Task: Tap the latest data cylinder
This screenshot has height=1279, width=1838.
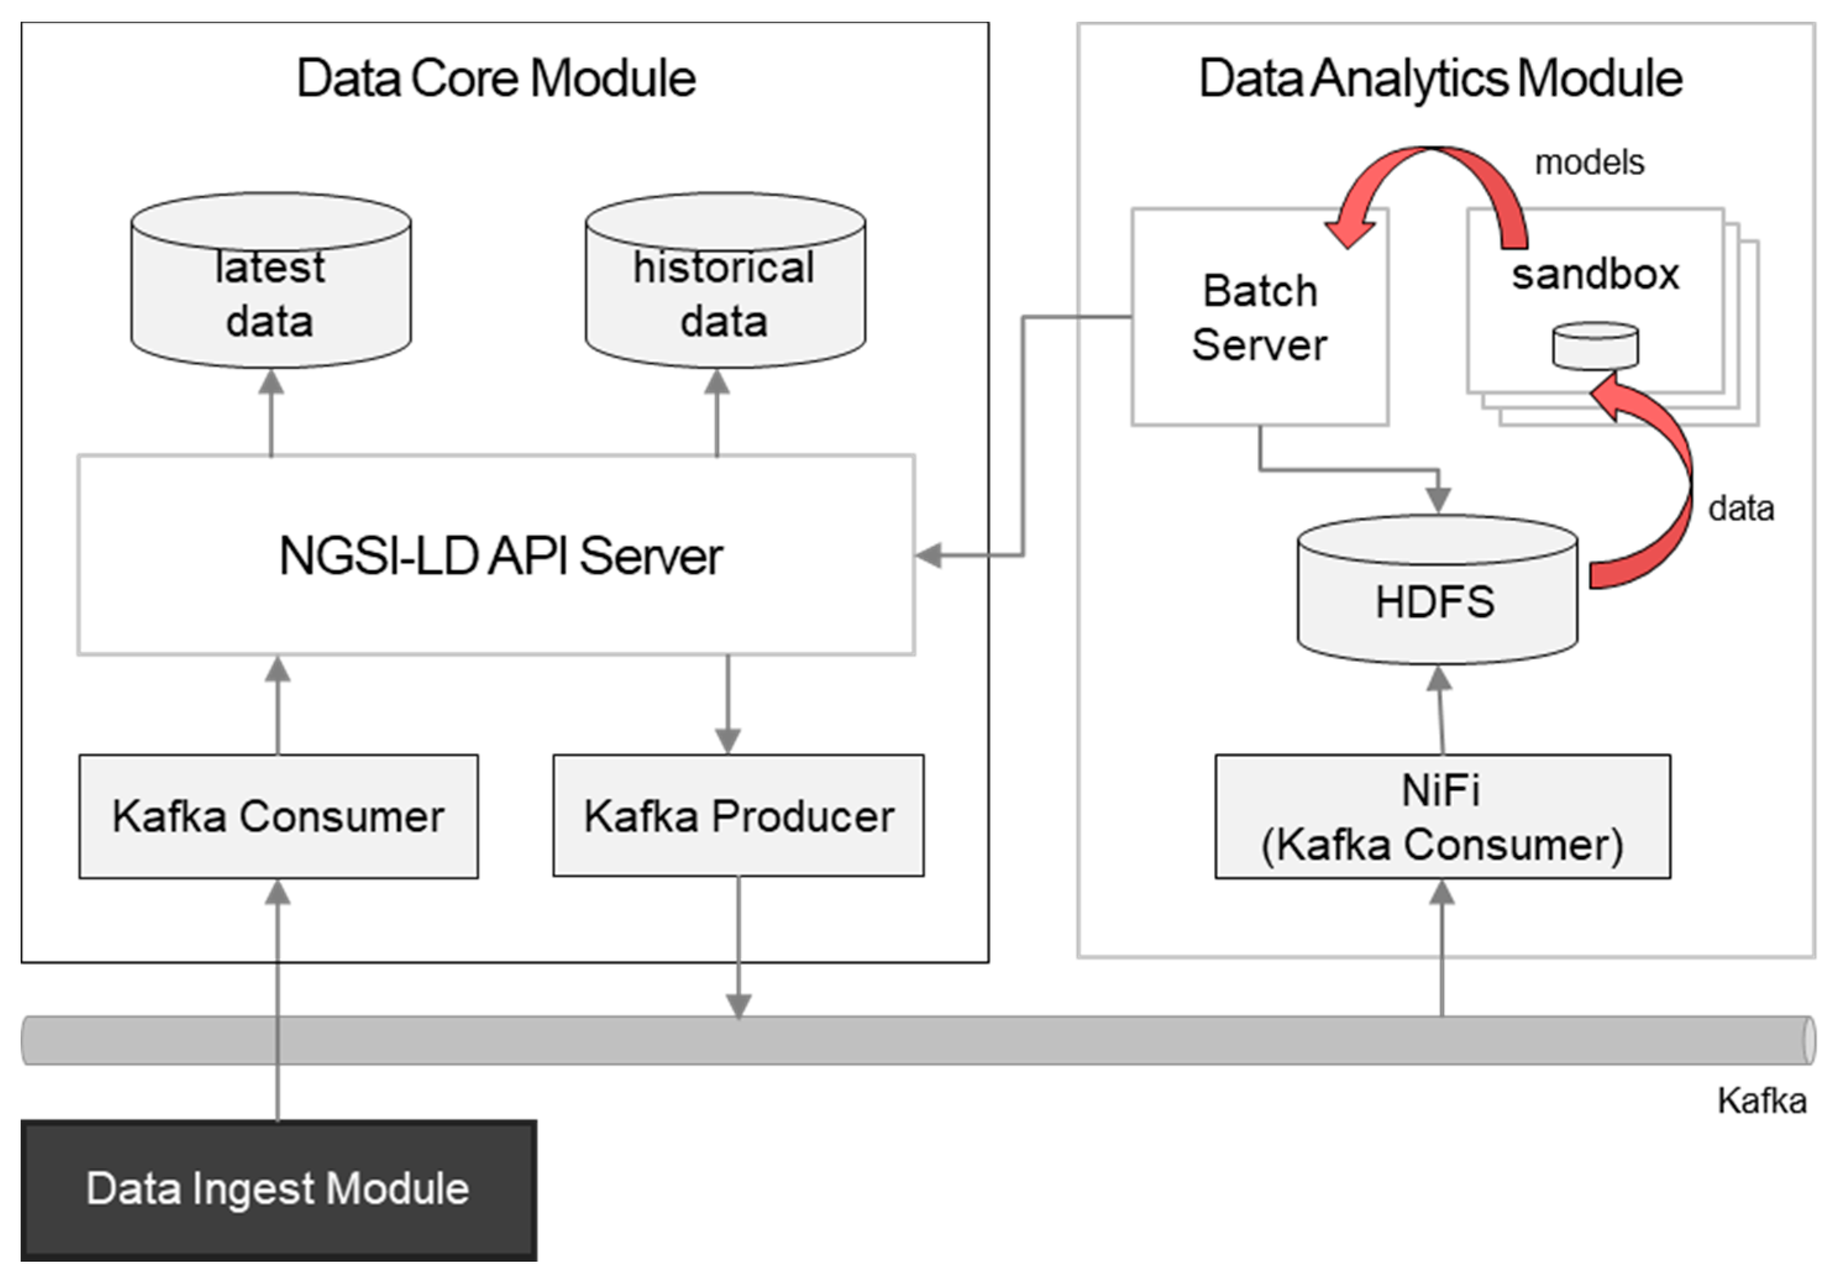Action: click(271, 292)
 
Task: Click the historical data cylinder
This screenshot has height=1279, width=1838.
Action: click(724, 292)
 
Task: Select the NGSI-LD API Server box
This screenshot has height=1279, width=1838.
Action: click(497, 555)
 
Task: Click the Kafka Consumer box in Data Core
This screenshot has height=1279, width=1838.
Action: click(279, 816)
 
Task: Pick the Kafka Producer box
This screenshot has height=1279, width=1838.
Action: click(738, 816)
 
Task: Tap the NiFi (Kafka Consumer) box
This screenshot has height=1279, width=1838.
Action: click(1443, 816)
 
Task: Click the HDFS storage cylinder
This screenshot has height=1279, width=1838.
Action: click(1437, 601)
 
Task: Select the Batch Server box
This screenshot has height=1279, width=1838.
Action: click(1259, 317)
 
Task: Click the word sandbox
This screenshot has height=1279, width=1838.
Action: click(1595, 275)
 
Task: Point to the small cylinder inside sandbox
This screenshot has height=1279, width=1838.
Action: click(1595, 346)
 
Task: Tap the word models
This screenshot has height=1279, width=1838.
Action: click(1589, 163)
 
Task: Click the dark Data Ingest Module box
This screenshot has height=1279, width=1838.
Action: click(279, 1189)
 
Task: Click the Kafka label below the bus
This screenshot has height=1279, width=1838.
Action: click(1761, 1101)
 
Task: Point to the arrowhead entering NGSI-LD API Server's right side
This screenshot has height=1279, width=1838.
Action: click(929, 555)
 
